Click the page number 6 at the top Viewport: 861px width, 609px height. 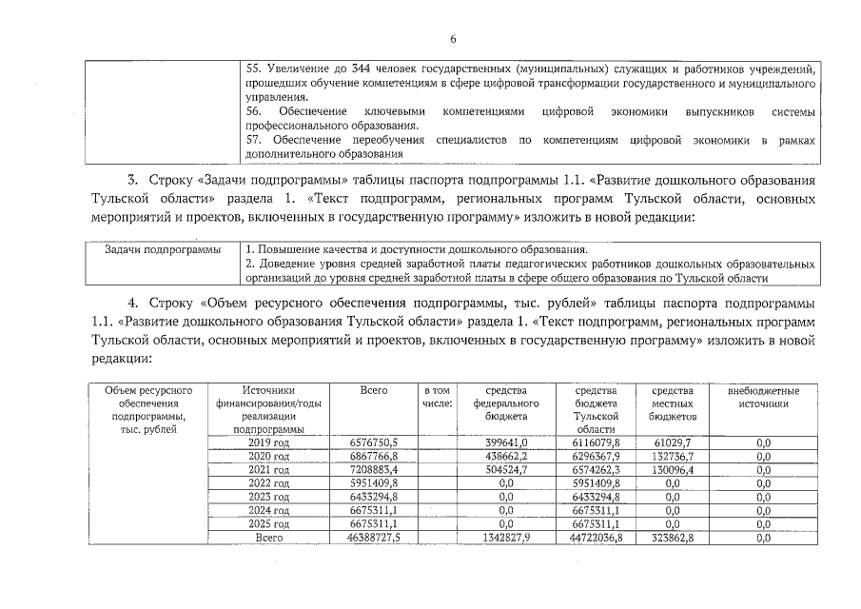[454, 39]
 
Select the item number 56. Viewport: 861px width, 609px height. [254, 111]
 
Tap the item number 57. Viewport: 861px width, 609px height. [254, 140]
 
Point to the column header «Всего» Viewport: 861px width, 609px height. [375, 390]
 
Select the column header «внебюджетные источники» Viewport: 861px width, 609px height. [763, 397]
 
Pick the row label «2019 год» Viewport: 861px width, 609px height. [267, 442]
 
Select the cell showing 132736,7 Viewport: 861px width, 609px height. [673, 456]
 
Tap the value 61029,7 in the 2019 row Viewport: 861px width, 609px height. [673, 442]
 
